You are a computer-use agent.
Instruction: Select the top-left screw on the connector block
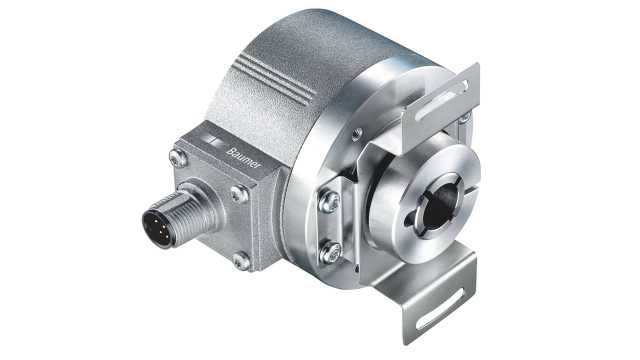click(177, 157)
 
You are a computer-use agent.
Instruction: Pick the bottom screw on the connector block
click(240, 262)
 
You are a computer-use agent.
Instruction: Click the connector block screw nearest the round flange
click(239, 194)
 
